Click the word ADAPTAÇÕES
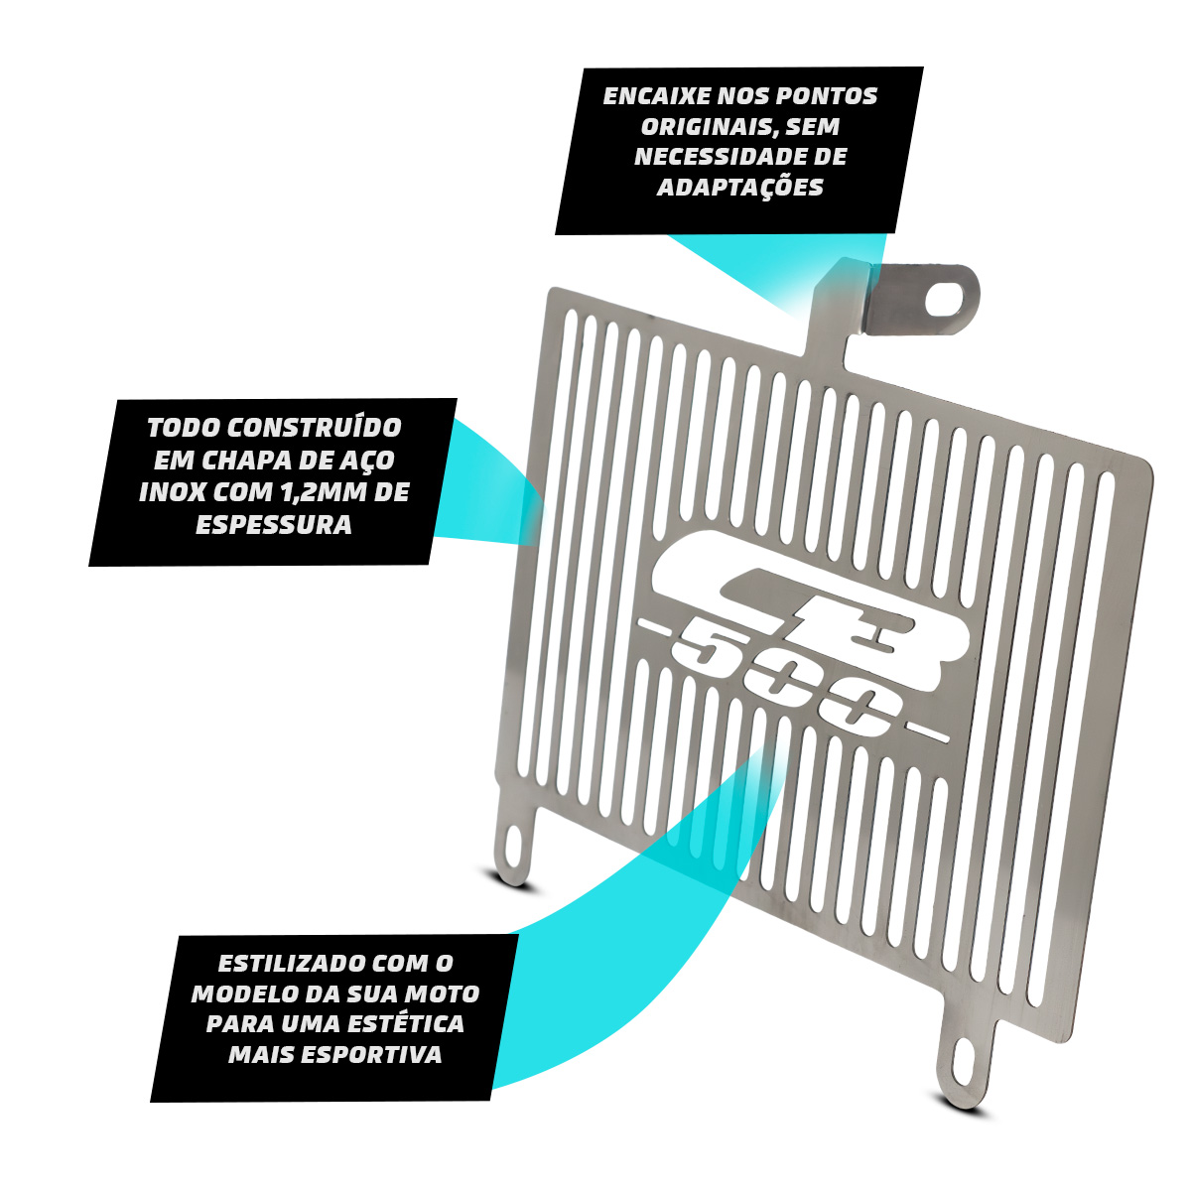[x=739, y=187]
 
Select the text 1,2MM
[x=322, y=492]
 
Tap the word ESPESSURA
[x=274, y=525]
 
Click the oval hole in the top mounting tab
[x=944, y=299]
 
